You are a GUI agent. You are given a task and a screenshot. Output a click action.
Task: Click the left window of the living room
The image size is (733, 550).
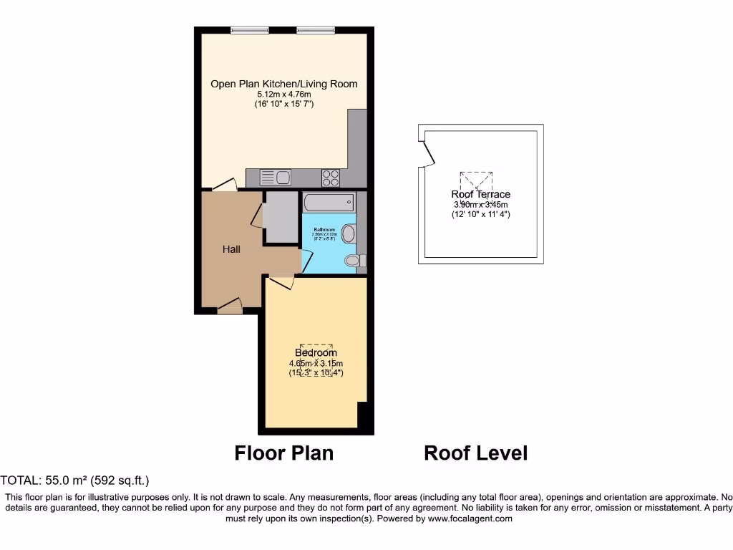(x=250, y=30)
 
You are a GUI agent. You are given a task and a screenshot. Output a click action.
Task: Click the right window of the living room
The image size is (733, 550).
(x=316, y=30)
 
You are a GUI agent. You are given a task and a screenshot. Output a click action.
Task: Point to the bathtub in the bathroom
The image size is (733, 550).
(x=329, y=201)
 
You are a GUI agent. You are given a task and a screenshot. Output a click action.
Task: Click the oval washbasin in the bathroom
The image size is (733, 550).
(x=349, y=233)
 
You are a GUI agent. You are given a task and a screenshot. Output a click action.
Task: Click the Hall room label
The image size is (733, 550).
(x=231, y=249)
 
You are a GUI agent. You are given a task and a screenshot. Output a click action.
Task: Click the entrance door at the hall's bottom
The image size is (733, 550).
(x=230, y=307)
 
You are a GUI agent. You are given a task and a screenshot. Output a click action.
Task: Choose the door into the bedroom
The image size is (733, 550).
(x=281, y=282)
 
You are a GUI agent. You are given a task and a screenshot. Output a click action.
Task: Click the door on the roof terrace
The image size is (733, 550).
(x=427, y=153)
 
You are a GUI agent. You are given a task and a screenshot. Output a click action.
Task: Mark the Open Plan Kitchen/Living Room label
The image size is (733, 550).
(x=283, y=84)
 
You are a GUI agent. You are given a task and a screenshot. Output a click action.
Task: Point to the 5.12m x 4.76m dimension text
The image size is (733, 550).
(x=283, y=95)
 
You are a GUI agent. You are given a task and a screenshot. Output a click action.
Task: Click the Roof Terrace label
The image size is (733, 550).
(x=480, y=194)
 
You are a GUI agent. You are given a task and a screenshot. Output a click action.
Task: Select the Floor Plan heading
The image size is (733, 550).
(x=284, y=453)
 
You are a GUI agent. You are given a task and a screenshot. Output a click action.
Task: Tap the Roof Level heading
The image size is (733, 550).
(x=475, y=453)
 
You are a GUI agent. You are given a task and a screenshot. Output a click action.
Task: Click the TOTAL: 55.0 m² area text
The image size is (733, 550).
(x=75, y=481)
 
